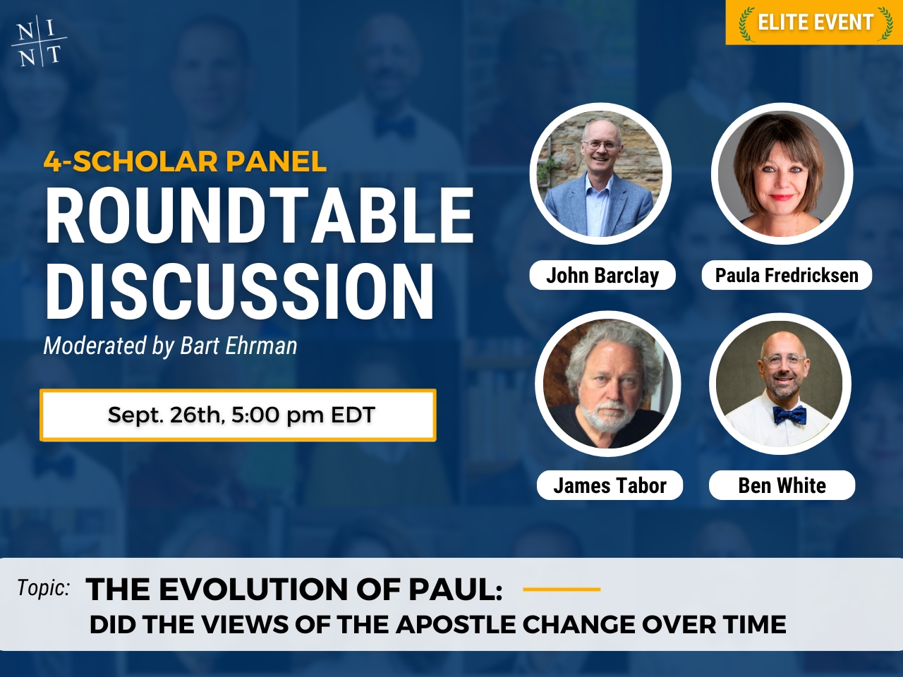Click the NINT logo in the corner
[39, 41]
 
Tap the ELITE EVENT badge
[814, 22]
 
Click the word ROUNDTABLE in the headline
[260, 216]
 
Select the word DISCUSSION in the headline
[239, 291]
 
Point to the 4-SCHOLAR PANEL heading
[185, 161]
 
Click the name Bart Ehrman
[238, 346]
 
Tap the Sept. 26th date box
[238, 415]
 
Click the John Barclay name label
[602, 275]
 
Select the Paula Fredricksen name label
[787, 275]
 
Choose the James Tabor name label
[610, 485]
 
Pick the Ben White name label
[782, 485]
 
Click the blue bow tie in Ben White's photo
[789, 415]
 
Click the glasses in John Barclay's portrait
[602, 145]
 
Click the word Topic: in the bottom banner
[43, 587]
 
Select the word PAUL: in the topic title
[456, 589]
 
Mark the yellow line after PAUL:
[562, 589]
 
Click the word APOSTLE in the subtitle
[456, 624]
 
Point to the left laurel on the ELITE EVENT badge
[747, 23]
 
